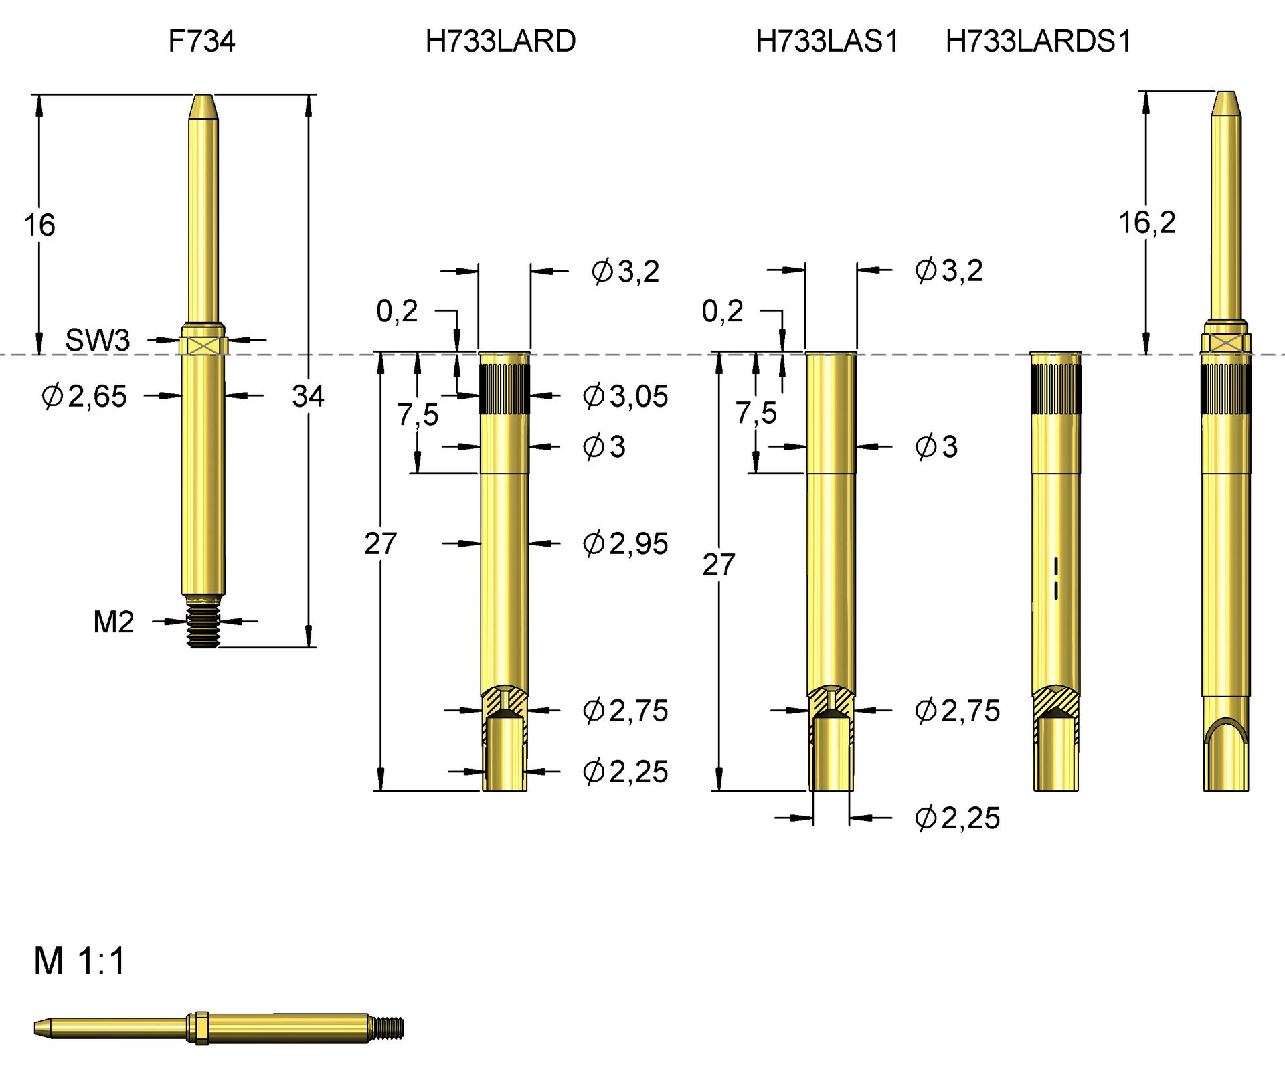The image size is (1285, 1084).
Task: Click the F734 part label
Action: pyautogui.click(x=201, y=41)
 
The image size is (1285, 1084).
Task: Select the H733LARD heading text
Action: pyautogui.click(x=500, y=41)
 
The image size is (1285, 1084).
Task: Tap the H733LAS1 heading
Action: pyautogui.click(x=827, y=41)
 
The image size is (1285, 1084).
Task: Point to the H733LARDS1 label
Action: pyautogui.click(x=1038, y=41)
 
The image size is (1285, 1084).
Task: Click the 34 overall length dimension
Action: pyautogui.click(x=308, y=396)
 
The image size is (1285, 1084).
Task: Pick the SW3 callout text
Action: pyautogui.click(x=98, y=340)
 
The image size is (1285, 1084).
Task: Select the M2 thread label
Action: pyautogui.click(x=113, y=622)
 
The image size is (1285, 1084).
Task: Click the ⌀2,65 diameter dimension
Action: pyautogui.click(x=84, y=396)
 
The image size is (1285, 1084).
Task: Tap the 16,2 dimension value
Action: pyautogui.click(x=1146, y=222)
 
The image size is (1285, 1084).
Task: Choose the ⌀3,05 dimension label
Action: pyautogui.click(x=625, y=396)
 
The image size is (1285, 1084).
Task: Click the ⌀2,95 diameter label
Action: pyautogui.click(x=625, y=543)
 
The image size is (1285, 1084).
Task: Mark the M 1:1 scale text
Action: pyautogui.click(x=80, y=962)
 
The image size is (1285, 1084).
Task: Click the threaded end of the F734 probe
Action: pyautogui.click(x=203, y=627)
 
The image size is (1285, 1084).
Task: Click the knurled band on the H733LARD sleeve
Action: pyautogui.click(x=504, y=389)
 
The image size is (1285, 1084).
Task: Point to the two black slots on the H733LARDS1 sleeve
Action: pyautogui.click(x=1056, y=579)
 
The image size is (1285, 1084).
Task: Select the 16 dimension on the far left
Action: pyautogui.click(x=39, y=225)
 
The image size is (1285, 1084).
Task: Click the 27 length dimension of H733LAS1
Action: pyautogui.click(x=718, y=565)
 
